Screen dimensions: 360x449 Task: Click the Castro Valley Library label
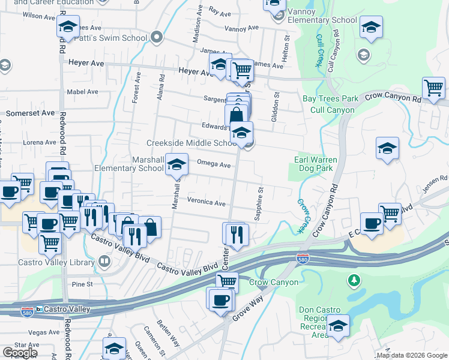tap(56, 262)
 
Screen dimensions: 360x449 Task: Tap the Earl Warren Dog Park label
tap(316, 164)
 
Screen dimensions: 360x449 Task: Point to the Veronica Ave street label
tap(206, 203)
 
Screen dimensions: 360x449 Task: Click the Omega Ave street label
tap(214, 165)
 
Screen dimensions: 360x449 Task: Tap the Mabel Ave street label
tap(82, 92)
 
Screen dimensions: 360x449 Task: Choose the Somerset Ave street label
tap(30, 113)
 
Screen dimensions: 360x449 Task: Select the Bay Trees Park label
tap(330, 99)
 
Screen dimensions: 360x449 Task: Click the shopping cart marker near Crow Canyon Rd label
tap(433, 88)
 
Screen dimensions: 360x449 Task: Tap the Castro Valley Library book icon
tap(104, 262)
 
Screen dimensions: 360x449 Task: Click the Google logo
tap(20, 352)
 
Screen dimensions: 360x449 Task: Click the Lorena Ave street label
tap(39, 142)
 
